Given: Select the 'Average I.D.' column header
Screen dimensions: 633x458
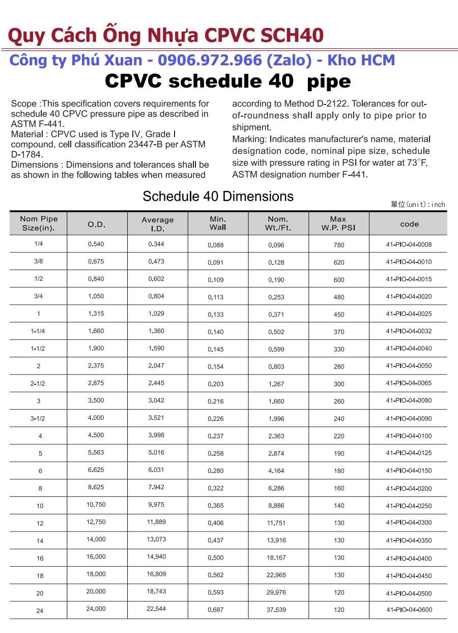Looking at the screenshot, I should (x=157, y=224).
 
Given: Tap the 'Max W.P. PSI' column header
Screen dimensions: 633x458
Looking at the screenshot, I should (x=338, y=223).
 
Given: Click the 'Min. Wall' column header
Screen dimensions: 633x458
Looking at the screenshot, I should (x=217, y=223).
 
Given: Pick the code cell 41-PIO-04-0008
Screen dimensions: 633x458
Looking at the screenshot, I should (x=409, y=245).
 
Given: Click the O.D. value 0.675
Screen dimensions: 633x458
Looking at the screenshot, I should (x=96, y=261).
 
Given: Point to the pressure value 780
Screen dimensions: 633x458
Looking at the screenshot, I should (x=339, y=245).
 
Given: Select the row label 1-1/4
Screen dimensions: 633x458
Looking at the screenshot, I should (x=38, y=331).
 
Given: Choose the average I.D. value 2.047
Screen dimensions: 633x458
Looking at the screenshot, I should (x=156, y=365).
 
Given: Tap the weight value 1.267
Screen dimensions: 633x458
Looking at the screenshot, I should (x=276, y=384).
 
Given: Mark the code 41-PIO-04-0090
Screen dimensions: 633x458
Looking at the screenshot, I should (x=409, y=418).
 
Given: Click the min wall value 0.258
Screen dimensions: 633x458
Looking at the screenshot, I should (x=216, y=453).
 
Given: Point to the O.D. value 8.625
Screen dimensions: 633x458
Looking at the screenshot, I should (x=96, y=487).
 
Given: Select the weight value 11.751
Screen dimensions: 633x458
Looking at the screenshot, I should (x=276, y=523).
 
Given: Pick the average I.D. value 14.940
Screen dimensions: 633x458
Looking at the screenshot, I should (x=156, y=557).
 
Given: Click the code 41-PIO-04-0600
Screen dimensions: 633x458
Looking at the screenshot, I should (x=409, y=610).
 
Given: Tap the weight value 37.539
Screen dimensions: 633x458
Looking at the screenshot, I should (x=276, y=610).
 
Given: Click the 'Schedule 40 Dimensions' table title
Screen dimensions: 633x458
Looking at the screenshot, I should (x=218, y=197).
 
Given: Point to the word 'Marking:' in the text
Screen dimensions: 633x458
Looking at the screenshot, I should (x=249, y=139).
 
